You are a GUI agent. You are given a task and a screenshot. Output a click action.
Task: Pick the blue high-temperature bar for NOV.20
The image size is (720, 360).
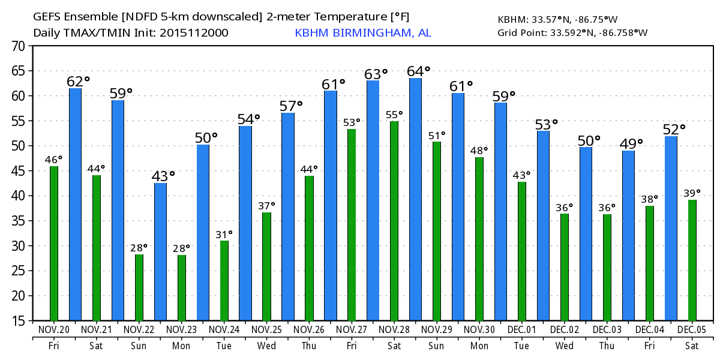[x=75, y=204]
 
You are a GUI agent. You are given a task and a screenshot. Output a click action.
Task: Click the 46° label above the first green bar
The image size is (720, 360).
[x=53, y=160]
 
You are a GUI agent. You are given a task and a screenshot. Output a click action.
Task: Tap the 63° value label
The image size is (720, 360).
[x=376, y=74]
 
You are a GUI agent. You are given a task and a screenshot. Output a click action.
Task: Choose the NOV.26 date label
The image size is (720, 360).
[x=309, y=329]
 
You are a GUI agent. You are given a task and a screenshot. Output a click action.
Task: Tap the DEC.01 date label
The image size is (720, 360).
[x=521, y=329]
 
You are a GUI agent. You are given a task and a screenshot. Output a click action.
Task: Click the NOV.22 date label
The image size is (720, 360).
[x=139, y=329]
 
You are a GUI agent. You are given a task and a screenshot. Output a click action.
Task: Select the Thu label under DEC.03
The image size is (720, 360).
[x=607, y=346]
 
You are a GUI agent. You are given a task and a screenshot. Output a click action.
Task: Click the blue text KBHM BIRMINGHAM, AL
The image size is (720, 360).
[x=362, y=32]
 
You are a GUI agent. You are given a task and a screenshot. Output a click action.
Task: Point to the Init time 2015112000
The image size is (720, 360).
[x=193, y=32]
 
